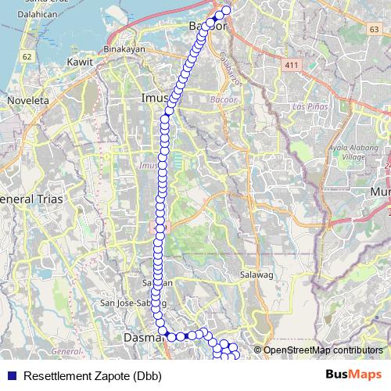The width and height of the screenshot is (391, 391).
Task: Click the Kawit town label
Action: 81,61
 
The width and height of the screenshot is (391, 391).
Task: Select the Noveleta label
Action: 28,100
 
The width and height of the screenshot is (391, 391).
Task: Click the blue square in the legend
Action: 12,376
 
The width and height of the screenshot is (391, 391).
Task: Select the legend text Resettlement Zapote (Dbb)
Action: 92,376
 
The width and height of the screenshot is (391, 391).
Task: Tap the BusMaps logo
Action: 353,375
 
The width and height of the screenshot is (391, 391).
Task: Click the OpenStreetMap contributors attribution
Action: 322,350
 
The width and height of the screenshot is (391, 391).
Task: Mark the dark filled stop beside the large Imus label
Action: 169,111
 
